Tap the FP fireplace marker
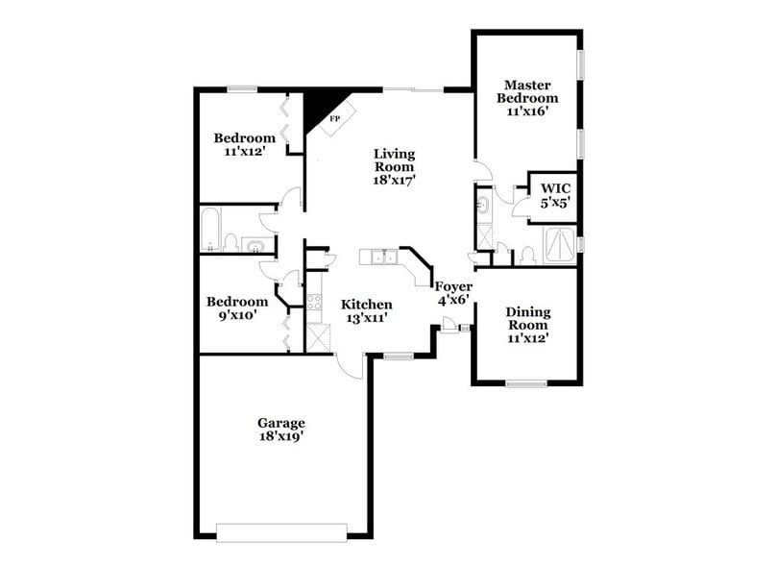click(x=334, y=119)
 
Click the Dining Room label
click(x=527, y=318)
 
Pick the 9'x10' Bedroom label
click(x=236, y=307)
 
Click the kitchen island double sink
click(x=385, y=257)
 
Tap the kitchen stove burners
click(x=314, y=304)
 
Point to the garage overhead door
click(x=280, y=531)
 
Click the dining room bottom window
click(x=525, y=383)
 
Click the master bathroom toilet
click(x=527, y=255)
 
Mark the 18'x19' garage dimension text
click(x=280, y=437)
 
